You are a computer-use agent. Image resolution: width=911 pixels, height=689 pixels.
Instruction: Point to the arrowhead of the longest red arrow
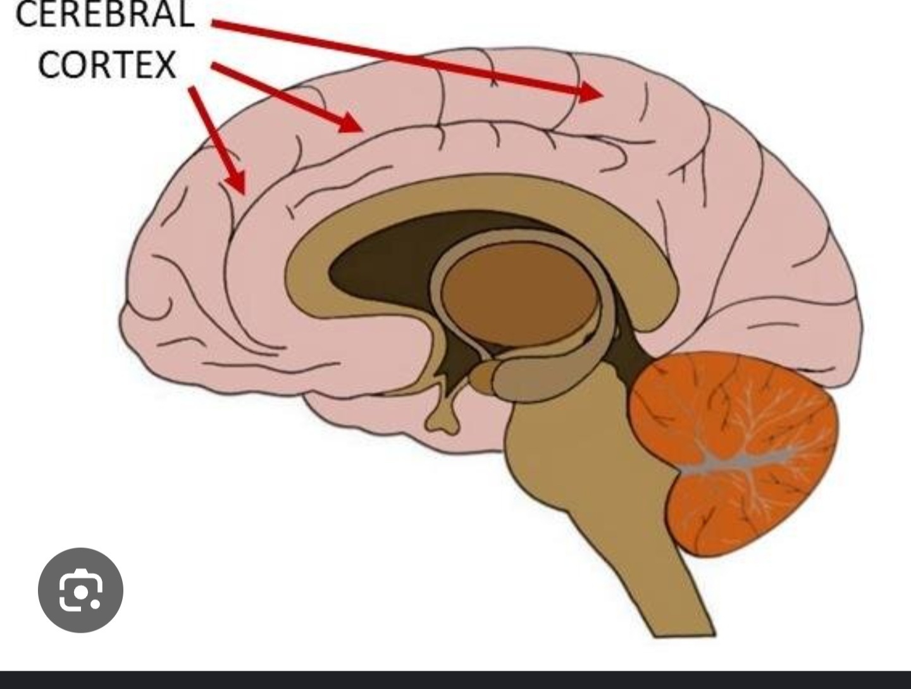[592, 93]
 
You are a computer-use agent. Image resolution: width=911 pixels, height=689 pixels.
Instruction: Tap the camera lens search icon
[80, 590]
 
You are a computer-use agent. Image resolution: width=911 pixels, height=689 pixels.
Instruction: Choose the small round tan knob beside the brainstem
[481, 378]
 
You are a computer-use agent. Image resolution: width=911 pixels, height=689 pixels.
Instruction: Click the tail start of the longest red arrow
[215, 24]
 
